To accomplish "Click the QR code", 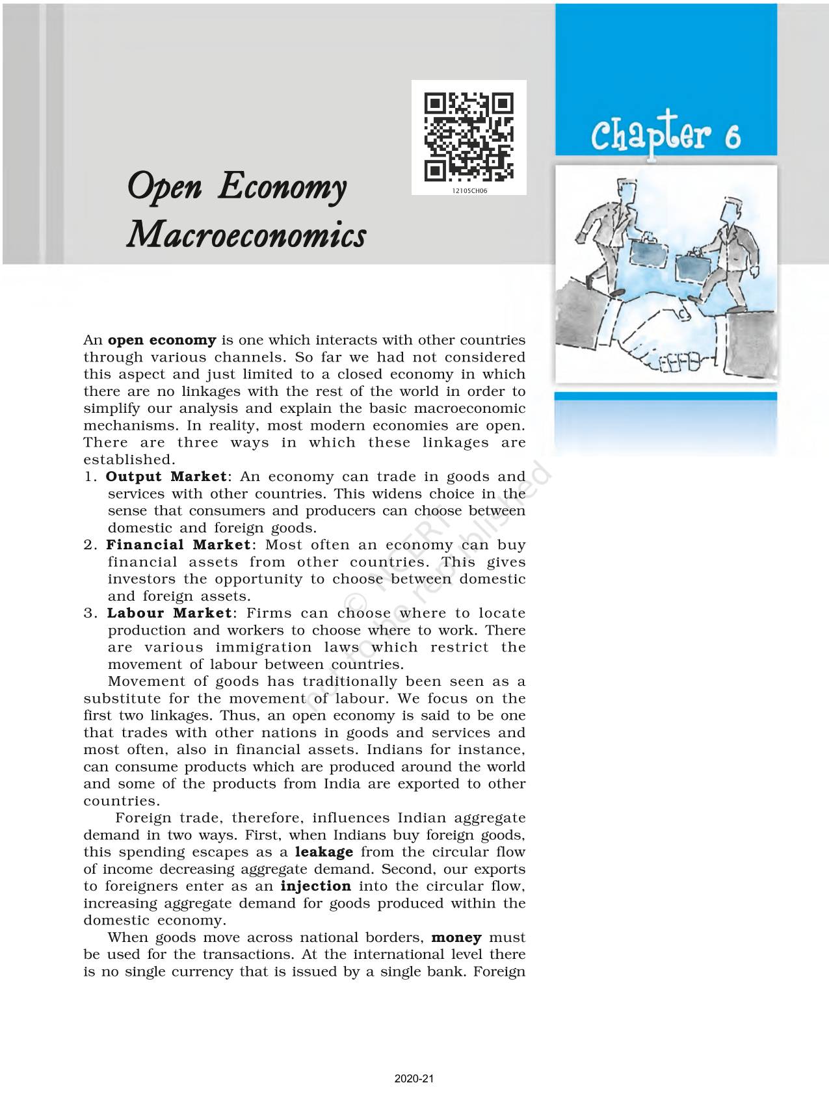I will coord(469,137).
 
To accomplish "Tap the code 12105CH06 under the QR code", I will coord(469,192).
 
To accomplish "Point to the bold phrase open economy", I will coord(162,340).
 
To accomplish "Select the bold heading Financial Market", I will coord(178,545).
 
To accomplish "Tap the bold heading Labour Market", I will coord(169,613).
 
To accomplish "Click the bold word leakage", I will coord(324,852).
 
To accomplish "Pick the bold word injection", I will coord(316,886).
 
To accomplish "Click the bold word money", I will coord(456,937).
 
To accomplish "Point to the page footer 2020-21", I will coord(414,1079).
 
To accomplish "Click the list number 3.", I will coord(88,613).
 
